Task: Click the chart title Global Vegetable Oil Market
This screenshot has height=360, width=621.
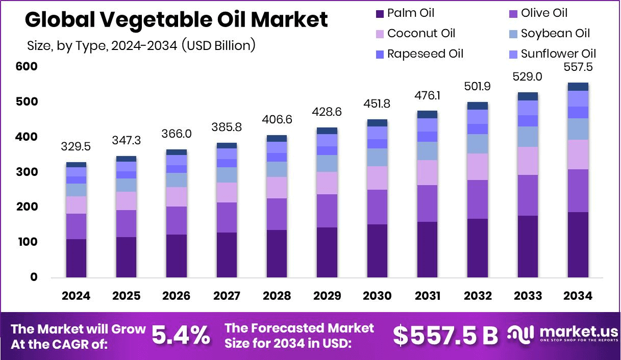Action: click(176, 20)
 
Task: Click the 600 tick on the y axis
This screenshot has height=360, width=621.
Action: click(27, 67)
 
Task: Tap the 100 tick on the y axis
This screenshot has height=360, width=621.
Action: click(27, 242)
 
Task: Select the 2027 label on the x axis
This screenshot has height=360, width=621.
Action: click(226, 296)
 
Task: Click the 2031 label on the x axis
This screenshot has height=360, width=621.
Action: click(427, 296)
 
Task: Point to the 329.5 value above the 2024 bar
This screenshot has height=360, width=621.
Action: click(76, 147)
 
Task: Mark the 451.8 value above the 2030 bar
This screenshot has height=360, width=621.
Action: click(377, 104)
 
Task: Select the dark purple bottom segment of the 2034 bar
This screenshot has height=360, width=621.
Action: click(578, 245)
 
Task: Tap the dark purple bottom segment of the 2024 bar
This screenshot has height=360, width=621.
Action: click(76, 258)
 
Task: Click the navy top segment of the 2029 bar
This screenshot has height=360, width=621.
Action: click(327, 131)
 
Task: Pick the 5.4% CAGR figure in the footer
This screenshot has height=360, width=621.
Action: click(181, 335)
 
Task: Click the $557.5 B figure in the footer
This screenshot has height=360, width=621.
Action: click(445, 335)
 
